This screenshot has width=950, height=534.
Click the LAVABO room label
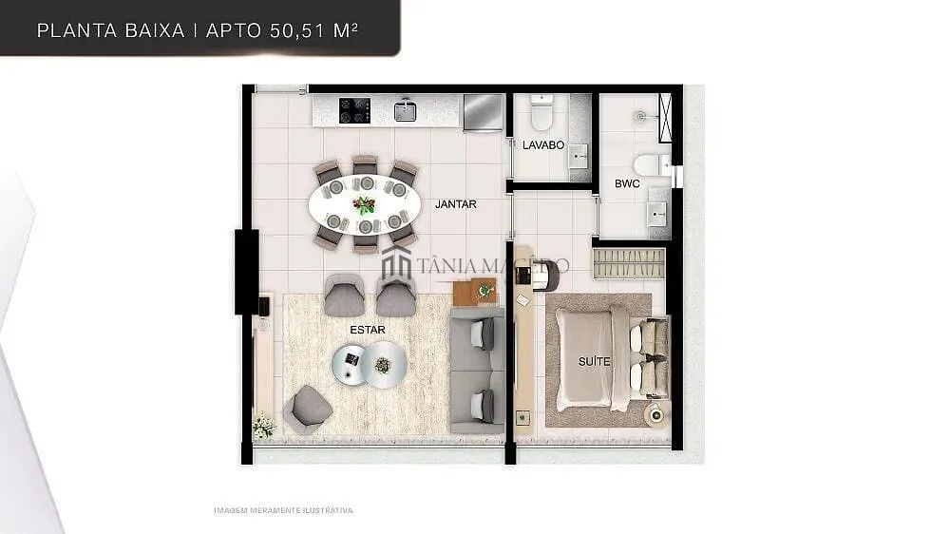[x=543, y=145]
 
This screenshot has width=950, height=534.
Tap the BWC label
[x=627, y=183]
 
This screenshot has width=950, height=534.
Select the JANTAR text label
[x=456, y=204]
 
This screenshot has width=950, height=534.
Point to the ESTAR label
[x=368, y=330]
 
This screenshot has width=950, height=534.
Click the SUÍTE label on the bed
[x=595, y=362]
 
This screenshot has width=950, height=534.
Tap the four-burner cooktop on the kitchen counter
[x=354, y=110]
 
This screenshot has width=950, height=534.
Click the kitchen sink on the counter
[x=406, y=110]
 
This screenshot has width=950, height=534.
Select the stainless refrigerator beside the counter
[x=484, y=112]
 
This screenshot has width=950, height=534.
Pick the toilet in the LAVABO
[x=541, y=112]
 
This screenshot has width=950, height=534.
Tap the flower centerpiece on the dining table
[x=364, y=205]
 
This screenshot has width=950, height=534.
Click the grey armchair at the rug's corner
[x=307, y=410]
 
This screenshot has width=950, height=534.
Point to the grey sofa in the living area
[x=478, y=370]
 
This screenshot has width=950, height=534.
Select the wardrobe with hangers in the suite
[x=629, y=263]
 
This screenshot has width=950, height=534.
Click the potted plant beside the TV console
[x=263, y=425]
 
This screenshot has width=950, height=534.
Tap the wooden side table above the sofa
[x=475, y=292]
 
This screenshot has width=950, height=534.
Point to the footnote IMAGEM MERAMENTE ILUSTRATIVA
[x=283, y=510]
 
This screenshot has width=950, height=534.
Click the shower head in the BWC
[x=641, y=116]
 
